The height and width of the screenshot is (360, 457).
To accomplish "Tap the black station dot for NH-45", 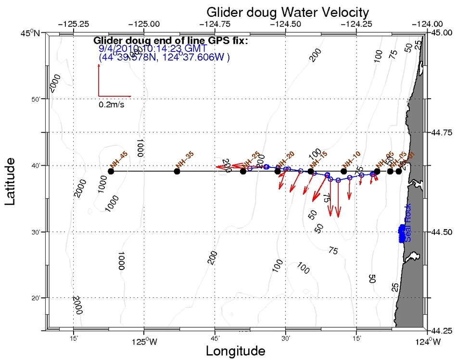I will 111,171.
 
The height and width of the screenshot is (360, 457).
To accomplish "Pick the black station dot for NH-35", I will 177,171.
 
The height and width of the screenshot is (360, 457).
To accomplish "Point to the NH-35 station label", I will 184,158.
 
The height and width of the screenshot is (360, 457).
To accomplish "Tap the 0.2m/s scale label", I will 111,104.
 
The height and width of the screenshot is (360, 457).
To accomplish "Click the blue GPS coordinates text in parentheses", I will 164,57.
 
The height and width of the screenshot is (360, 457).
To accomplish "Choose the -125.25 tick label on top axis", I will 73,24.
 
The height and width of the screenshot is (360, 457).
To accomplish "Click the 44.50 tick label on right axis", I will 442,232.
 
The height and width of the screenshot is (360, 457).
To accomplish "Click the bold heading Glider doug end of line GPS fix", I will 170,40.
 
